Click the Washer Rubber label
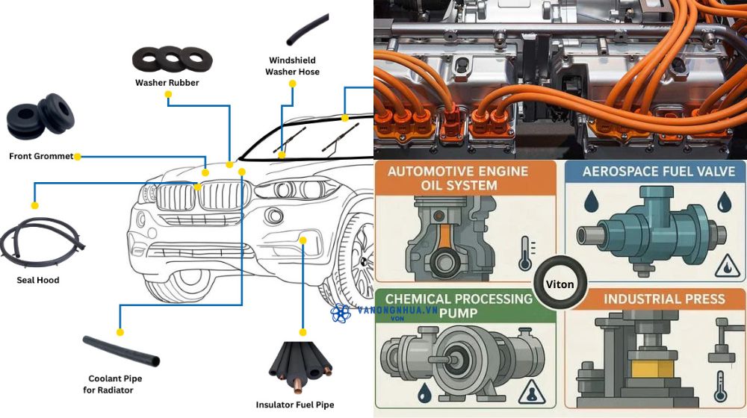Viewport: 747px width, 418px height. click(167, 83)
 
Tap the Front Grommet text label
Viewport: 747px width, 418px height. click(41, 157)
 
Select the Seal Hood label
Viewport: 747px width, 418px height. click(38, 280)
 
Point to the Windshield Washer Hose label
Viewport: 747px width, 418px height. click(292, 66)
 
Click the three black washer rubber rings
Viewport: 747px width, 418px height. click(172, 59)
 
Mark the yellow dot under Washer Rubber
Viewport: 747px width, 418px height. click(169, 95)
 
